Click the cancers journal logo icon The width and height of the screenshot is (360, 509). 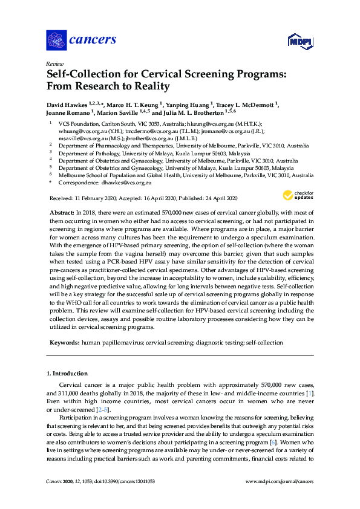point(56,40)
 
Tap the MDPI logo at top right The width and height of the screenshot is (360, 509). point(299,42)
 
